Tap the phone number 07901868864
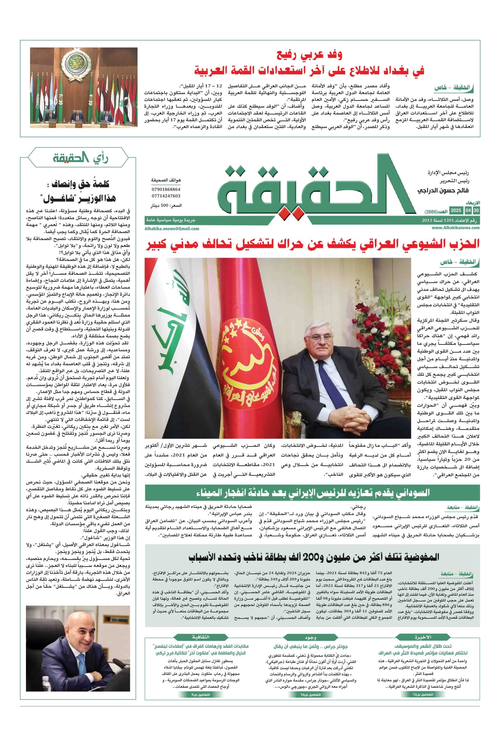[x=166, y=189]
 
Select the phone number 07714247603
[x=166, y=196]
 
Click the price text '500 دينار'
[x=166, y=206]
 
